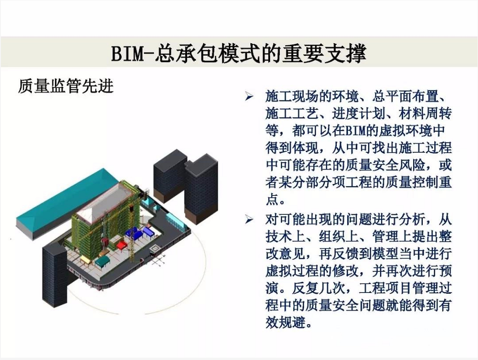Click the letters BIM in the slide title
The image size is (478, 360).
127,54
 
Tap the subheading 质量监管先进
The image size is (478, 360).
66,86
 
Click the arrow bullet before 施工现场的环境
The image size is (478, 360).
249,97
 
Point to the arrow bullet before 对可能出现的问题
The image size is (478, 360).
249,219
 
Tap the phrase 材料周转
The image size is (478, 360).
425,114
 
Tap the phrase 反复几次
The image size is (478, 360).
319,288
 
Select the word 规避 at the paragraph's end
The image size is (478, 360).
292,322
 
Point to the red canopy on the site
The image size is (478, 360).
121,245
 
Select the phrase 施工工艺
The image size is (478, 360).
292,114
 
